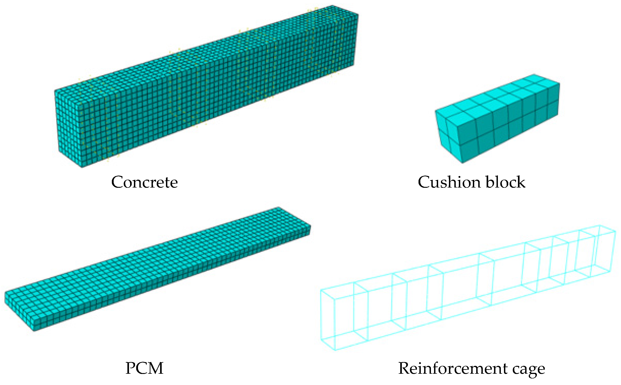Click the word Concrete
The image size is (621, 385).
click(144, 182)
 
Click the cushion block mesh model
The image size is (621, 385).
click(497, 117)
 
